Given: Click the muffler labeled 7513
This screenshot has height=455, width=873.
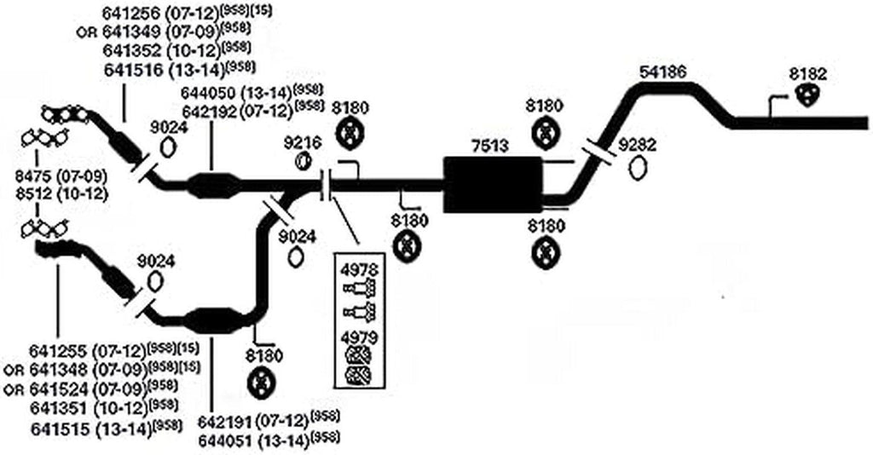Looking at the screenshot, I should tap(492, 185).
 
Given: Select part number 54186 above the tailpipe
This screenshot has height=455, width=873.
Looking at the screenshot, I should tap(662, 73).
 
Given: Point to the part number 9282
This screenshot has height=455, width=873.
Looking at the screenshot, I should tap(638, 144).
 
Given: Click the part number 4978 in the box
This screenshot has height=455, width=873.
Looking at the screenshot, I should tap(359, 272).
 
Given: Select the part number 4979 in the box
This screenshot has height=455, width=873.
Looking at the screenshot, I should tap(359, 337).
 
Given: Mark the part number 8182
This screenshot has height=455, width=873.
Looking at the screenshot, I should tap(807, 74).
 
